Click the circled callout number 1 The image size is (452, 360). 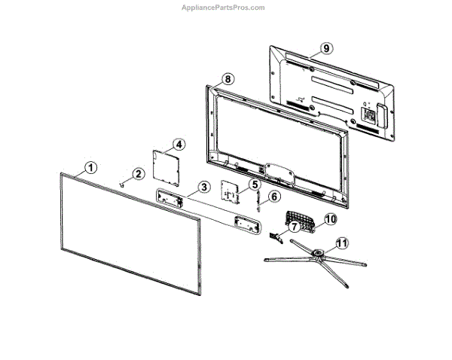pos(90,167)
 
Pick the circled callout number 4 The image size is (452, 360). pos(179,144)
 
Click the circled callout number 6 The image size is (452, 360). pos(273,197)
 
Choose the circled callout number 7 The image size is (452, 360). pos(292,226)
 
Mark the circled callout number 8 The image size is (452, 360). pos(228,78)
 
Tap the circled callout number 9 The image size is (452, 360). pos(325,48)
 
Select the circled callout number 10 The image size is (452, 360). pos(328,219)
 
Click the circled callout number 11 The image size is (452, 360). pos(342,243)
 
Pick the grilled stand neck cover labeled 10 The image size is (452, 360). pos(301,221)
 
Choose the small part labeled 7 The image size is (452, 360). pos(275,235)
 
